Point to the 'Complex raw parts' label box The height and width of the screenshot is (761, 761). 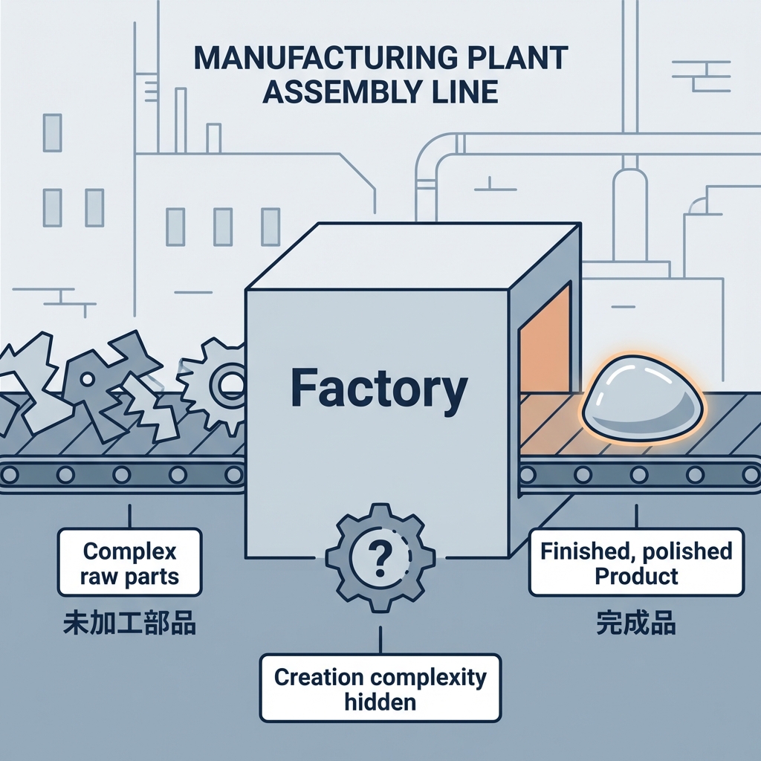[130, 563]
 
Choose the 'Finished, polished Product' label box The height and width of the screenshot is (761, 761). [636, 563]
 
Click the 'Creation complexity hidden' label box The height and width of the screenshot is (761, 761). [380, 688]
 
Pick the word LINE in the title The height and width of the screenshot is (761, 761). [466, 92]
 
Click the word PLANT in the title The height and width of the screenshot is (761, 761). [521, 59]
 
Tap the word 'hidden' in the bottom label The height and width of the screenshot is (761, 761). [380, 702]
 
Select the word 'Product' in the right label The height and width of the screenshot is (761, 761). [636, 576]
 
